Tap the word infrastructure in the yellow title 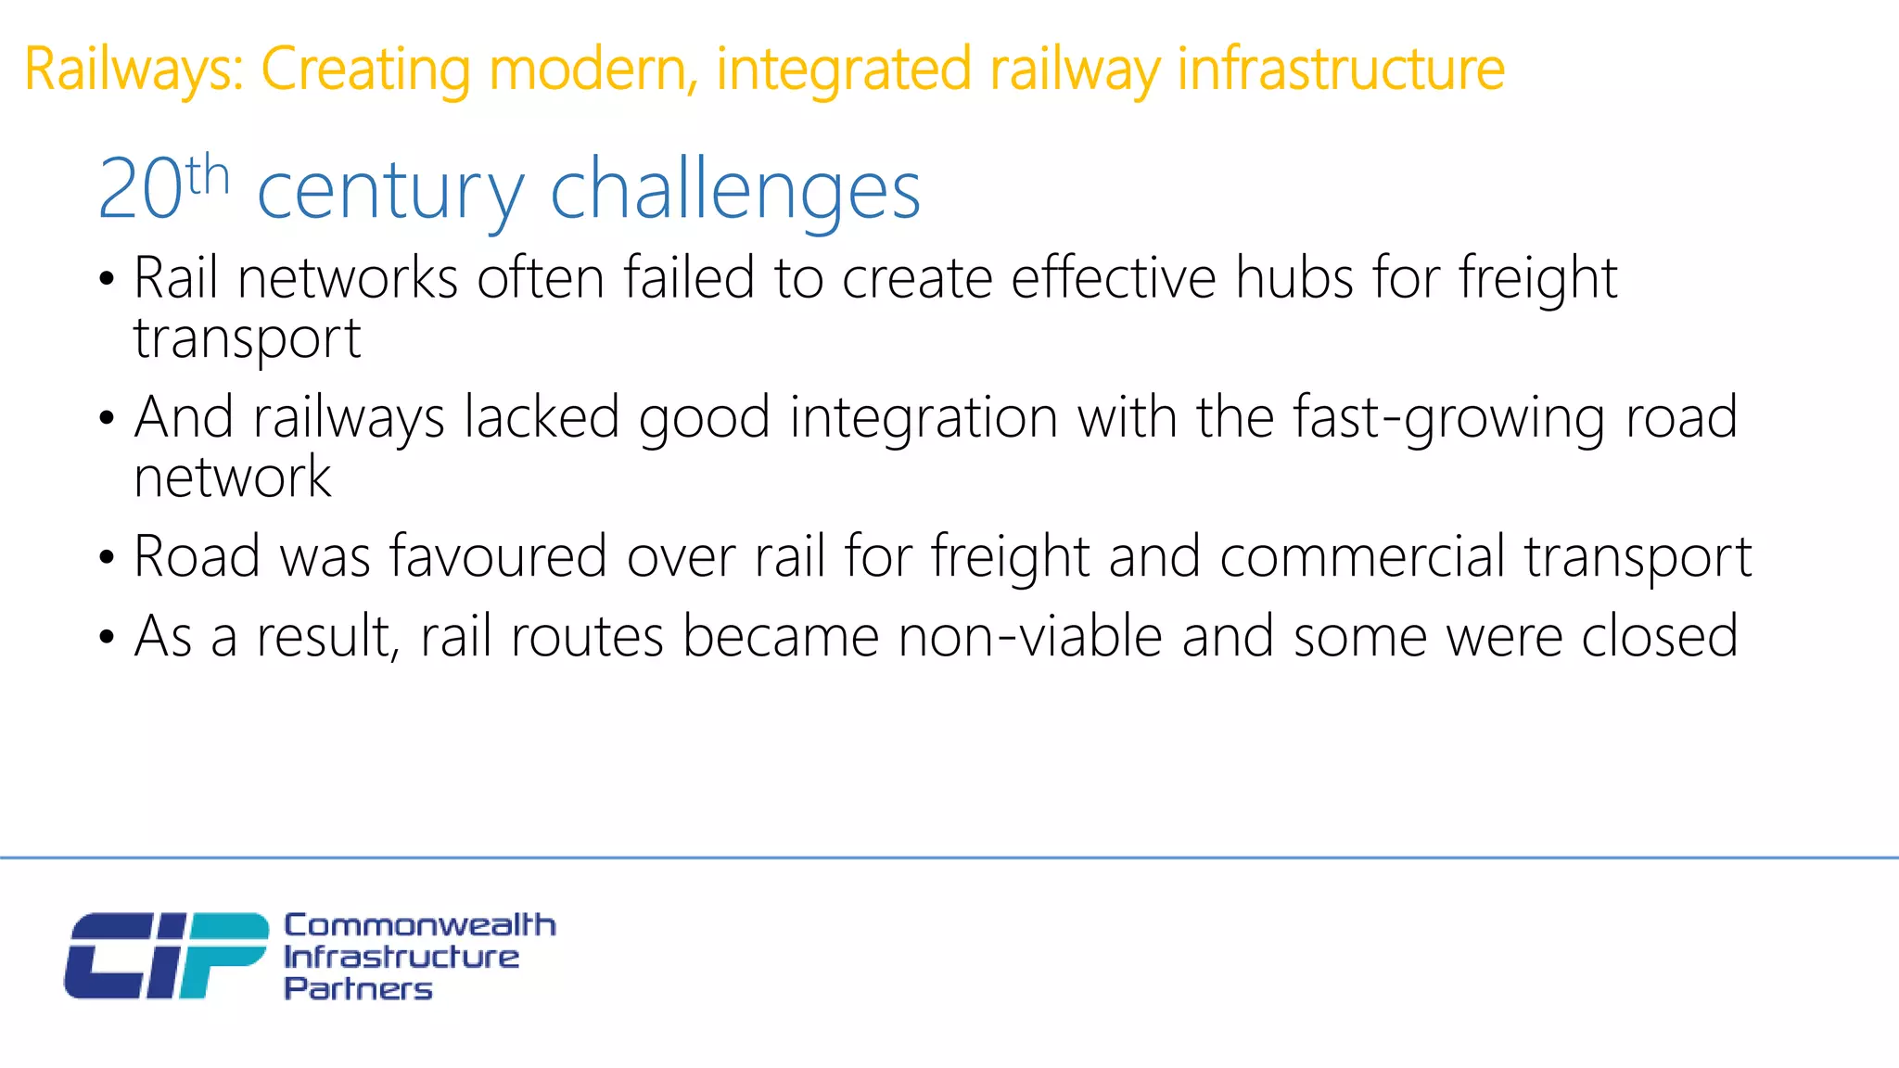(x=1341, y=70)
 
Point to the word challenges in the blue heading (x=735, y=190)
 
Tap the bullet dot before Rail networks (x=108, y=278)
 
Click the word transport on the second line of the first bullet (x=247, y=338)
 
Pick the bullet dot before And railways (x=108, y=418)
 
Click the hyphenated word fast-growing (x=1448, y=418)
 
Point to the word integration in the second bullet (x=924, y=418)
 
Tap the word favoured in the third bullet (x=498, y=556)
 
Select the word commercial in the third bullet (x=1362, y=556)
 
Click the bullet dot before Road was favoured (x=108, y=557)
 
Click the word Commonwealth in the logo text (x=420, y=924)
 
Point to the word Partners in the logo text (x=358, y=988)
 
